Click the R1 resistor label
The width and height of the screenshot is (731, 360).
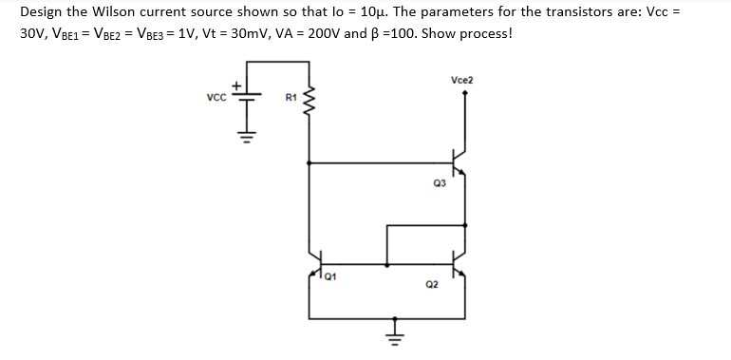(291, 98)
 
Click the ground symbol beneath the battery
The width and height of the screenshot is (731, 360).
(250, 134)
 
